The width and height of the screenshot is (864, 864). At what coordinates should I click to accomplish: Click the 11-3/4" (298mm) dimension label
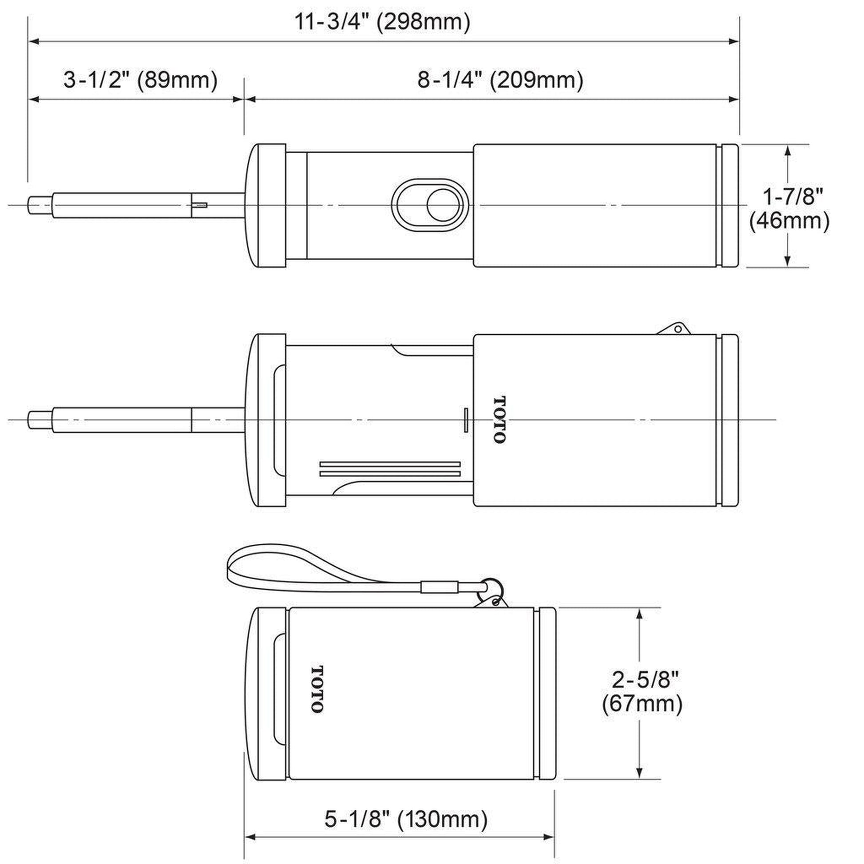point(382,22)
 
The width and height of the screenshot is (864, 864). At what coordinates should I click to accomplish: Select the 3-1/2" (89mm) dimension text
point(140,80)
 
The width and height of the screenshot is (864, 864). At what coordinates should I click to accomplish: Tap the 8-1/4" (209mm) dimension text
point(500,80)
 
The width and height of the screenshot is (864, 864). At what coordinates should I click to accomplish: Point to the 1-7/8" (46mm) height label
point(789,209)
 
